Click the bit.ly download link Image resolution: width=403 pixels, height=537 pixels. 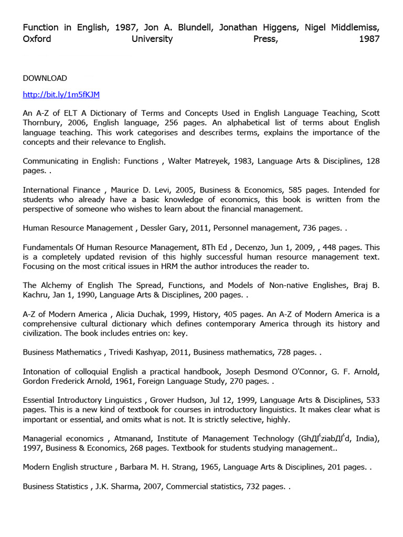tap(61, 95)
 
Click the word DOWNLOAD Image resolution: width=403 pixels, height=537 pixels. tap(45, 78)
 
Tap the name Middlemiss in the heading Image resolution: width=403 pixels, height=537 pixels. tap(352, 27)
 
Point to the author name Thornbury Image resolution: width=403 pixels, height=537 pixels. tap(45, 123)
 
